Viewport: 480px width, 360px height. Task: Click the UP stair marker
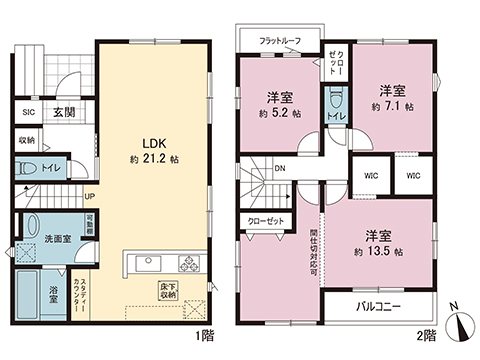[x=89, y=196]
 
